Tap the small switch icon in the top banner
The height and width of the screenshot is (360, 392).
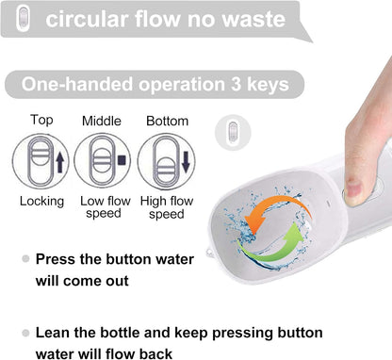coord(24,18)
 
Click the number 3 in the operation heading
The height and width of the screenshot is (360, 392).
coord(237,84)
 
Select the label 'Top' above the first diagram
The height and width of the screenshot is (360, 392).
coord(41,121)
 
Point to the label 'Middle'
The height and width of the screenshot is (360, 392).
coord(102,121)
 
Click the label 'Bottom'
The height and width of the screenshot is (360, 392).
coord(167,121)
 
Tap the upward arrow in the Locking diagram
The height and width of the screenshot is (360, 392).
coord(60,163)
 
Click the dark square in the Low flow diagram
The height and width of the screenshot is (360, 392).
coord(122,160)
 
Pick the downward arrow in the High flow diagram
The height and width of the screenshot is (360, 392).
coord(186,162)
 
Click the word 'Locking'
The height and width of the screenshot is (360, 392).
coord(41,202)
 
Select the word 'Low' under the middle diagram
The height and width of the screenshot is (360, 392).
coord(91,201)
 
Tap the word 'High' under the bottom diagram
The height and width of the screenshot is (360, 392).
coord(154,202)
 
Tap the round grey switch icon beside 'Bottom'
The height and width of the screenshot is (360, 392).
coord(233,132)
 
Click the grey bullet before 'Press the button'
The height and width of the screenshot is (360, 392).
coord(25,259)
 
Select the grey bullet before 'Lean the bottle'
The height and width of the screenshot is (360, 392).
coord(25,333)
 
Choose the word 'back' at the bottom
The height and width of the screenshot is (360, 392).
coord(155,354)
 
